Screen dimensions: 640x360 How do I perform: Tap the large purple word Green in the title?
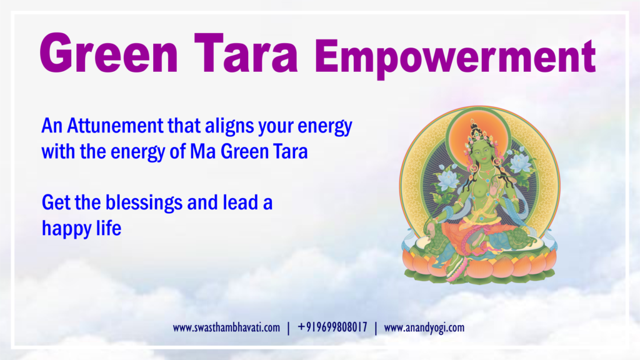109,53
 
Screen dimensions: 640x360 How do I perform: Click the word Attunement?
115,126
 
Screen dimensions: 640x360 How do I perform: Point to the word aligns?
229,126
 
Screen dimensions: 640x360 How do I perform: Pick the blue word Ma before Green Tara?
203,151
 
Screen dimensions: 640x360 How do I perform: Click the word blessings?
144,203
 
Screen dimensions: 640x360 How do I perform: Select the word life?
109,227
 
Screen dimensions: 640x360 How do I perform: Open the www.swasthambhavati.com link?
226,327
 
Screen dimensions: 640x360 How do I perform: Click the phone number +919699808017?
332,327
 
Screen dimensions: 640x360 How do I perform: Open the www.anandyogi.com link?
424,327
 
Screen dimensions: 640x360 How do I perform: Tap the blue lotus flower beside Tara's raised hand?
519,162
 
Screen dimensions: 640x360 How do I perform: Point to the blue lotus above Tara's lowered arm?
447,179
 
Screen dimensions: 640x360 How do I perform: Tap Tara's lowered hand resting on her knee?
431,227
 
